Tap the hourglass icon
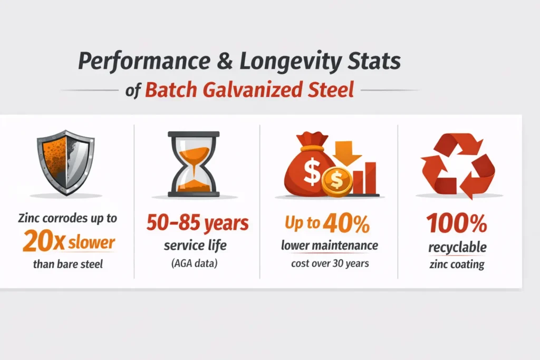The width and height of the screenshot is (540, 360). pos(194,163)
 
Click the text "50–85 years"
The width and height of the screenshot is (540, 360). pos(197,223)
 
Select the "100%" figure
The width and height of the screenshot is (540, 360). pos(457,224)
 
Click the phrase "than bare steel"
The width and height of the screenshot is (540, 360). pos(68,264)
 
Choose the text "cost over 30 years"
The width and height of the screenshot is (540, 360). pos(330,264)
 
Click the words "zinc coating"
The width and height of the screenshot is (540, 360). pos(457,264)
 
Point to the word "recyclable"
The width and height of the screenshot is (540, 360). pos(457,247)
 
